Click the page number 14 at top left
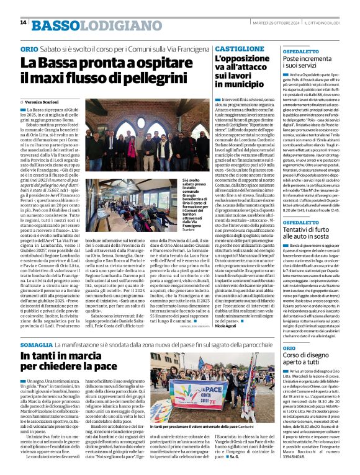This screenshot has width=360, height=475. pyautogui.click(x=23, y=23)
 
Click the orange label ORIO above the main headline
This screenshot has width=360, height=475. pyautogui.click(x=29, y=49)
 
